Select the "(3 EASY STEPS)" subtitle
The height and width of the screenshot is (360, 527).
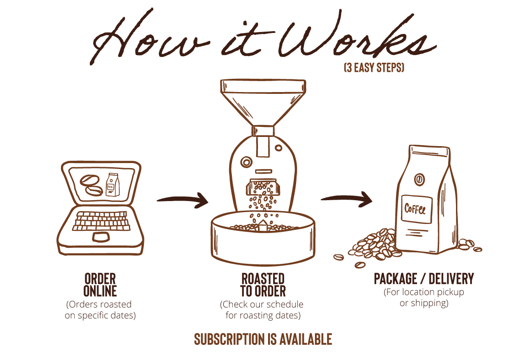tap(374, 67)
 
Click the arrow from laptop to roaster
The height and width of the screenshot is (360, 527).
tap(183, 200)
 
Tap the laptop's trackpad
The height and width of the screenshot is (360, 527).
tap(101, 236)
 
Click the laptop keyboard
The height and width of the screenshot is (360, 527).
tap(101, 221)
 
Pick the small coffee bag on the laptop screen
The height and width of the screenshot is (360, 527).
tap(112, 185)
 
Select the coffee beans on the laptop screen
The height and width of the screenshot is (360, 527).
tap(91, 185)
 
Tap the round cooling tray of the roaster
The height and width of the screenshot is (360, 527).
tap(263, 239)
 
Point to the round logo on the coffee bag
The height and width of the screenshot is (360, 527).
tap(419, 180)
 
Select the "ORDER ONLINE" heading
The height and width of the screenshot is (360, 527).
tap(100, 285)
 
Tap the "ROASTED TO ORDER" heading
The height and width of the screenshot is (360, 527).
tap(263, 285)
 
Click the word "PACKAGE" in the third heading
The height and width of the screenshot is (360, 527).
tap(395, 279)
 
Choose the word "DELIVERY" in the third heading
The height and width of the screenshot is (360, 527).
tap(451, 279)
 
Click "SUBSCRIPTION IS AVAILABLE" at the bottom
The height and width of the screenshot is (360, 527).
tap(263, 339)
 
